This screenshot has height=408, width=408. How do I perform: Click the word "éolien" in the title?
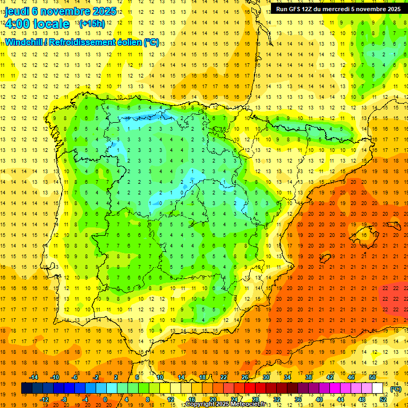coord(127,42)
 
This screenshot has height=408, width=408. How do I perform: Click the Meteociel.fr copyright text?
coord(233,404)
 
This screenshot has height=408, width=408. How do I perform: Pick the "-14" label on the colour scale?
coord(36,377)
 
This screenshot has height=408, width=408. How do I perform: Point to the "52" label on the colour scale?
coord(383,399)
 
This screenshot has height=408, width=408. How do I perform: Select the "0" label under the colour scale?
coord(105,399)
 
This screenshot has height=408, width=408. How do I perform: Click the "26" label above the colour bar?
coord(245,377)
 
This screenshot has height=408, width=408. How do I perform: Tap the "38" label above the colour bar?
coord(308,377)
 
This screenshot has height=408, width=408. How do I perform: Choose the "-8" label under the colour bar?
coord(64,399)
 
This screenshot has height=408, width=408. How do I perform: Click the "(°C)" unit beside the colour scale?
coord(395,388)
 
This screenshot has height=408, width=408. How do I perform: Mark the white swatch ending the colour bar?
coord(378,388)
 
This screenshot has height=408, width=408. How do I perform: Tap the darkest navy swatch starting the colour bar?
coord(27,388)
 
